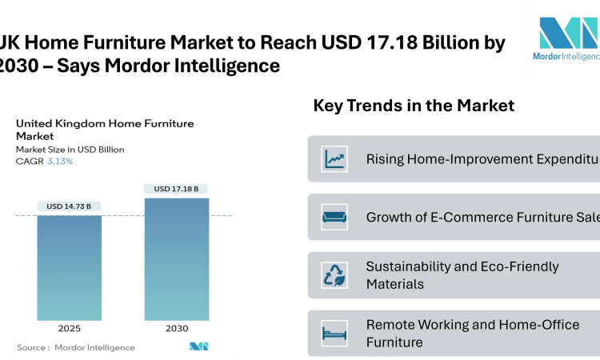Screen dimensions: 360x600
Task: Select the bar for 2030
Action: pos(176,259)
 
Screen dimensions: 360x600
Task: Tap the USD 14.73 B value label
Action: pos(69,206)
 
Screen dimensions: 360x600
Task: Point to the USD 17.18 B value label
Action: pos(176,189)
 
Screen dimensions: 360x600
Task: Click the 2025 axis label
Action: pos(69,328)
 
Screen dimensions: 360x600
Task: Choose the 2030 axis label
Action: pos(176,328)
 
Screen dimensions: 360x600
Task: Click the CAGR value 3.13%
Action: pos(59,162)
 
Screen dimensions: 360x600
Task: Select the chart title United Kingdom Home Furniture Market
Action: pos(104,130)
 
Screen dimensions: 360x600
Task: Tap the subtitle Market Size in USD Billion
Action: pos(70,150)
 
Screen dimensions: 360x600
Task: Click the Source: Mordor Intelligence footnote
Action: pos(76,347)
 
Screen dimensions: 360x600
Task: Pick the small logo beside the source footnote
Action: pos(199,346)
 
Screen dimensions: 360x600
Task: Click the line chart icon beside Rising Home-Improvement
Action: pos(334,158)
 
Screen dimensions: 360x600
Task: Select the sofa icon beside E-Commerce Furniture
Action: pos(334,217)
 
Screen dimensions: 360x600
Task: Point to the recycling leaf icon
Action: pos(334,275)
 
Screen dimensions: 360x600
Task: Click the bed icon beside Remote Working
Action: pos(334,334)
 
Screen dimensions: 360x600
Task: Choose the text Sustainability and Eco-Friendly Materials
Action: pos(462,275)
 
